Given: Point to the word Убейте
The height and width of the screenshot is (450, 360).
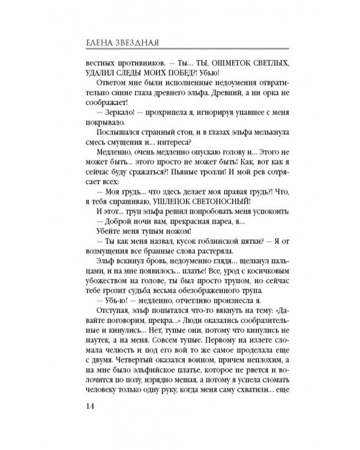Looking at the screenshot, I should click(x=109, y=245).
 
